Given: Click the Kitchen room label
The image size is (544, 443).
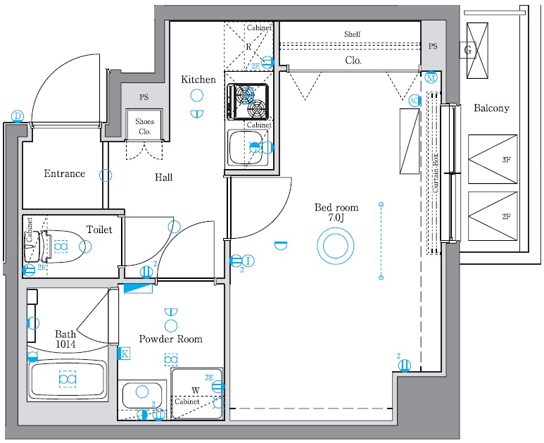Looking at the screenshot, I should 198,80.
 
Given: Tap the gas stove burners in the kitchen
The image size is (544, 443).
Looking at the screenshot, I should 249,101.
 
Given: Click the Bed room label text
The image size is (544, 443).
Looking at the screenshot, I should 336,208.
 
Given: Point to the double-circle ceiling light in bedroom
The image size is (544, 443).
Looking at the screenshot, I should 335,248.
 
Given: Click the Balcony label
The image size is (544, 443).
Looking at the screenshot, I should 491,108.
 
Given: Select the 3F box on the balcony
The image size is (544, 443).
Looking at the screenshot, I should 492,160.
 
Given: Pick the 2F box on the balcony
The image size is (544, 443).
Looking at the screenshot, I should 492,216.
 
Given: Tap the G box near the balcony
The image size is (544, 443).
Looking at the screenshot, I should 467,50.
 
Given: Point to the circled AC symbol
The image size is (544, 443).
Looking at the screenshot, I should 415,101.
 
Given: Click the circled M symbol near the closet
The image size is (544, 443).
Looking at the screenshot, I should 431,77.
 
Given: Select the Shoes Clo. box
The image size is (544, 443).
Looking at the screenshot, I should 144,126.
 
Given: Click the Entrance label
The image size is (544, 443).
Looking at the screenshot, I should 64,173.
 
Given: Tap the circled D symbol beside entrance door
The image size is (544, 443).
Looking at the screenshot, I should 18,116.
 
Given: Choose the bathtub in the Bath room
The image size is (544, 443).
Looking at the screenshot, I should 67,380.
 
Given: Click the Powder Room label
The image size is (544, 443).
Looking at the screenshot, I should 170,339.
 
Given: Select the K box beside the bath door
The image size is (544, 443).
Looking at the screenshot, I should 125,354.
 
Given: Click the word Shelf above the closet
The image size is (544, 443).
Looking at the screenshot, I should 352,34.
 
